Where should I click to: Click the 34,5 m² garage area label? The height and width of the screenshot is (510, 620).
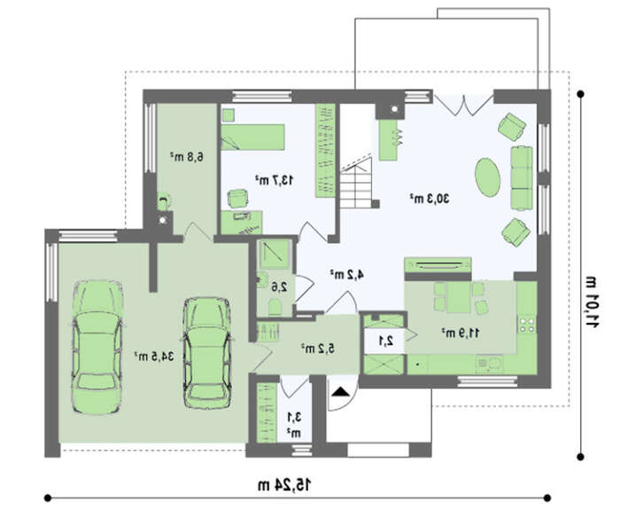[x=154, y=356]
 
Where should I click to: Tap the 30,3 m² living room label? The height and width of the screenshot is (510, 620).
[x=430, y=198]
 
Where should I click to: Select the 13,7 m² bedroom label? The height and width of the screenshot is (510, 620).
[x=274, y=180]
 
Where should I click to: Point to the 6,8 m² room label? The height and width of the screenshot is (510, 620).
[x=187, y=157]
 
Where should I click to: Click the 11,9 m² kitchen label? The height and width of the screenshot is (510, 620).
[x=461, y=333]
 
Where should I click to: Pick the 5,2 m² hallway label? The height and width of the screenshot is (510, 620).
[x=318, y=349]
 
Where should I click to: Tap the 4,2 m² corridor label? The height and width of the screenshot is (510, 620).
[x=347, y=274]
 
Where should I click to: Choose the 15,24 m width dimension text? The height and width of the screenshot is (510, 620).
[x=284, y=484]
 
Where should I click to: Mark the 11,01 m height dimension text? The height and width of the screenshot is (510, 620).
[x=592, y=302]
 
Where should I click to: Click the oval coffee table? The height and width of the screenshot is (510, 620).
[x=487, y=177]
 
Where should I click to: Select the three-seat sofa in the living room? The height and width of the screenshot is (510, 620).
[x=522, y=177]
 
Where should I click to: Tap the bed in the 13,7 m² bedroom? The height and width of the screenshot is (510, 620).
[x=252, y=137]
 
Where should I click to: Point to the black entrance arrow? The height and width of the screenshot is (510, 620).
[x=341, y=392]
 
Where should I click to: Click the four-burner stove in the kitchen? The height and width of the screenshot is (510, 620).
[x=527, y=324]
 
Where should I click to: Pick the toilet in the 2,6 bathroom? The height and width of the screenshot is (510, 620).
[x=275, y=307]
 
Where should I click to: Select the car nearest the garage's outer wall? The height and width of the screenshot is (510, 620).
[x=97, y=348]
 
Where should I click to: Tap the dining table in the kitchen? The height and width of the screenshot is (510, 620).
[x=459, y=297]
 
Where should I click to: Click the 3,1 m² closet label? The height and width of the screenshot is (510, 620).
[x=294, y=424]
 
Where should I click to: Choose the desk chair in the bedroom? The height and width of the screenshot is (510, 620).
[x=238, y=198]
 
